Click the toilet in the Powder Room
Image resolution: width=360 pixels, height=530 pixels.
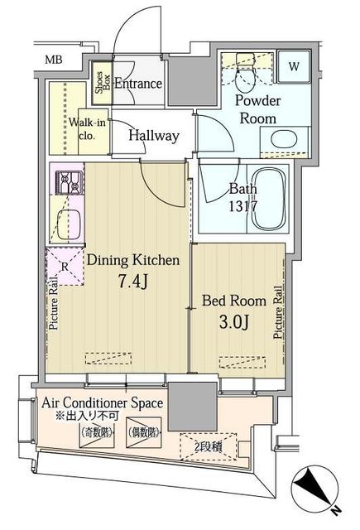(x=246, y=72)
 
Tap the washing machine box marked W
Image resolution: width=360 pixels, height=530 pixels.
(x=294, y=66)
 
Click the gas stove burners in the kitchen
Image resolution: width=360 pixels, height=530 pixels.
(x=69, y=182)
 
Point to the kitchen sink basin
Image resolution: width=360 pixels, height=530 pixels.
(x=69, y=224)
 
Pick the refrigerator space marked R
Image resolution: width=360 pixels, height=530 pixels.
(x=65, y=267)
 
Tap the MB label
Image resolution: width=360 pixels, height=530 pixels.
(x=54, y=60)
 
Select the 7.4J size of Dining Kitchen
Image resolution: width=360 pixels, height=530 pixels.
(x=132, y=282)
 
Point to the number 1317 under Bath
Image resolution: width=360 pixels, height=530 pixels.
(x=242, y=205)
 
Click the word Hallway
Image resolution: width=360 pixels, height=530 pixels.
(x=154, y=136)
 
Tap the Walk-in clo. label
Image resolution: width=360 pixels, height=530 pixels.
(x=87, y=129)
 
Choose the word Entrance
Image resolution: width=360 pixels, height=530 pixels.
(x=138, y=84)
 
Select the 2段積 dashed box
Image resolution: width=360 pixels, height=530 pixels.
(x=209, y=447)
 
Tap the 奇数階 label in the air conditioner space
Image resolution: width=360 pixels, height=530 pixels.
(x=97, y=433)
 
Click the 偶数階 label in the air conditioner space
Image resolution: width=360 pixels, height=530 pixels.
(x=143, y=433)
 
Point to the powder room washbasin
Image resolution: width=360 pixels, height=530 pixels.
(x=284, y=141)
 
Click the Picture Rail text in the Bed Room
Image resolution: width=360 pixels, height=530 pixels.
(x=278, y=312)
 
